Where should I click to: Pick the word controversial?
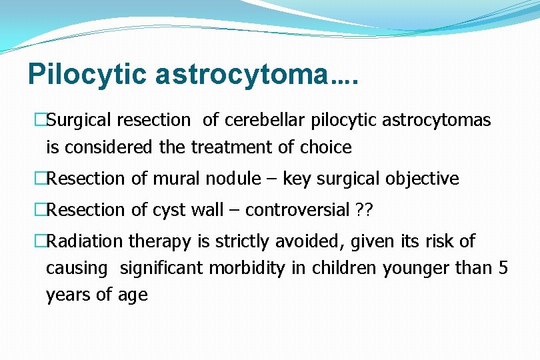click(x=297, y=211)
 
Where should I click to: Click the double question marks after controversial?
click(x=364, y=211)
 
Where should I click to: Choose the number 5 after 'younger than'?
click(x=503, y=268)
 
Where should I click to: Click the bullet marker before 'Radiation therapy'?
click(x=39, y=241)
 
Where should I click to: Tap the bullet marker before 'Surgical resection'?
click(x=39, y=121)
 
